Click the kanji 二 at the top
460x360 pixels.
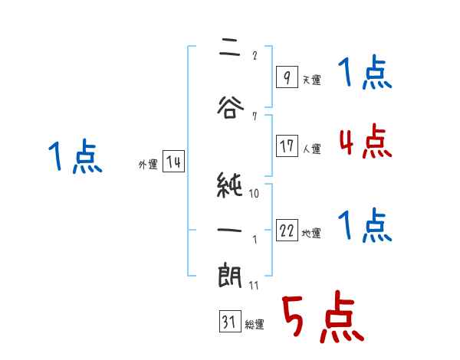coord(229,49)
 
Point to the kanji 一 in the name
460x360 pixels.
coord(229,228)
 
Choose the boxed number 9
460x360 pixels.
coord(286,78)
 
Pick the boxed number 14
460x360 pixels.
coord(172,162)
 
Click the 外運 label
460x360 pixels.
coord(147,164)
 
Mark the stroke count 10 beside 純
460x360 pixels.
coord(254,194)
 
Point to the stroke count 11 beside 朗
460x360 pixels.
coord(254,286)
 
